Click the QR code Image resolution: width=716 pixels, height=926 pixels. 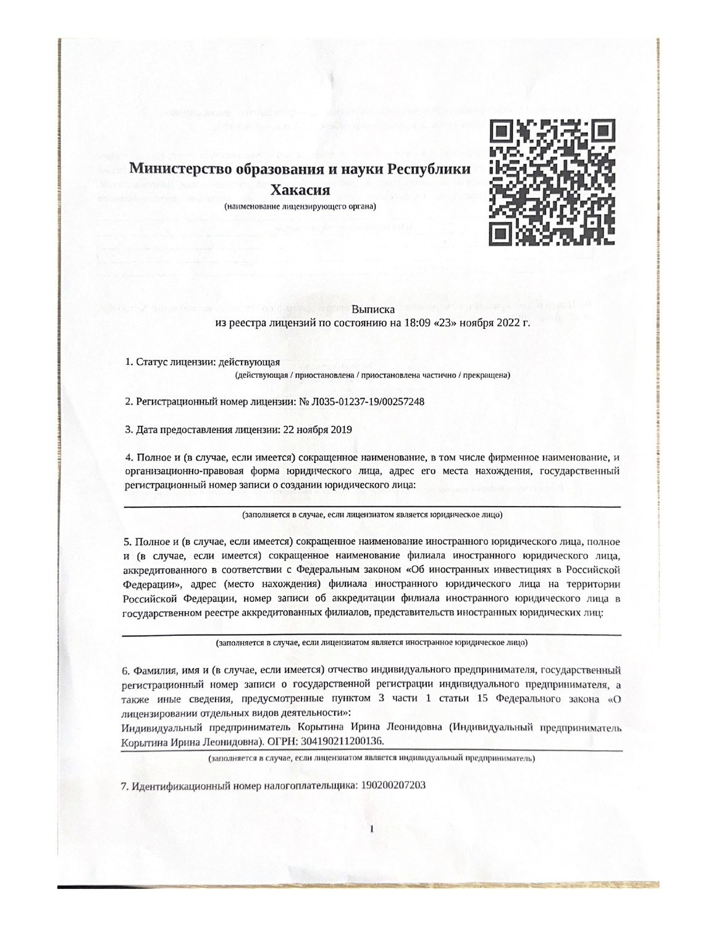pyautogui.click(x=552, y=181)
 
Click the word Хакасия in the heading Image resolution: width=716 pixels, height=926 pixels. pyautogui.click(x=301, y=189)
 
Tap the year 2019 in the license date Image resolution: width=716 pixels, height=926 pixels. pyautogui.click(x=340, y=430)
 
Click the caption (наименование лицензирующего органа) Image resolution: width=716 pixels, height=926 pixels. pyautogui.click(x=301, y=206)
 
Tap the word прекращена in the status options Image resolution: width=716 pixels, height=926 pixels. pyautogui.click(x=486, y=375)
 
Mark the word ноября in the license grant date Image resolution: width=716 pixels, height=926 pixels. pyautogui.click(x=310, y=430)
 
